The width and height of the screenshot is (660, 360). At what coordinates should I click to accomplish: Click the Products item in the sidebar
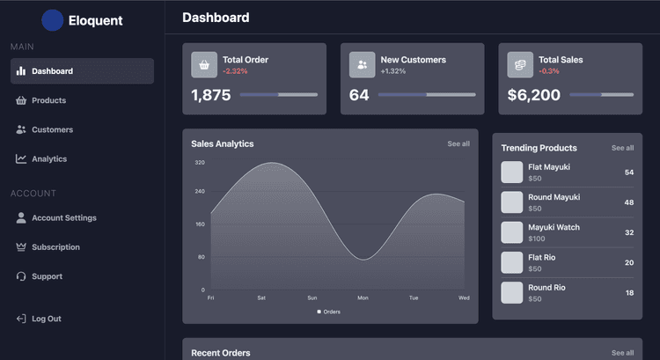click(x=48, y=100)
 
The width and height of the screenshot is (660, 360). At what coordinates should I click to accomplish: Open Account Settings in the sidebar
click(x=63, y=218)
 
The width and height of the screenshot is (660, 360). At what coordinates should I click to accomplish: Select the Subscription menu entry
click(x=55, y=247)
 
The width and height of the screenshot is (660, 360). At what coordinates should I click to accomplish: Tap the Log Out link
click(x=46, y=319)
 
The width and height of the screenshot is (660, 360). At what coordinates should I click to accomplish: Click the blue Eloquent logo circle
click(x=52, y=20)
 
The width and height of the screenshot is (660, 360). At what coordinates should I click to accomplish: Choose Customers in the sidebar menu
click(x=52, y=129)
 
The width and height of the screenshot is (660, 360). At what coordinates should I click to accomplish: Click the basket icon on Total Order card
click(x=204, y=64)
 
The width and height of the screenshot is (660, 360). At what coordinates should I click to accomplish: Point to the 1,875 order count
click(x=211, y=95)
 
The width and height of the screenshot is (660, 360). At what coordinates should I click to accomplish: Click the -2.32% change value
click(x=235, y=71)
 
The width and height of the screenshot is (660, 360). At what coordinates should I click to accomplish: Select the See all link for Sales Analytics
click(x=458, y=143)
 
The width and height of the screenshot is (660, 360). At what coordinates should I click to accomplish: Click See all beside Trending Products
click(x=622, y=148)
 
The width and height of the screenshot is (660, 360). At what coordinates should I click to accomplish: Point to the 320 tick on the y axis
click(x=200, y=163)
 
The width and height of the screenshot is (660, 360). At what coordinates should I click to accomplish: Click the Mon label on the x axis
click(x=363, y=298)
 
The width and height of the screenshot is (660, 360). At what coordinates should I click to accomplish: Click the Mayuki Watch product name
click(x=554, y=227)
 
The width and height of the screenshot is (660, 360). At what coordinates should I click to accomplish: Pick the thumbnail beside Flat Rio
click(x=512, y=262)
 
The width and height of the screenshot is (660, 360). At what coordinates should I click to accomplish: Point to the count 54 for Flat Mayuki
click(x=629, y=173)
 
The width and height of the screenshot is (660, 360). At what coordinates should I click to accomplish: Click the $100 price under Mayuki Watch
click(x=537, y=239)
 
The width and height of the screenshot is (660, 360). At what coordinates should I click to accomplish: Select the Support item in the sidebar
click(x=47, y=276)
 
